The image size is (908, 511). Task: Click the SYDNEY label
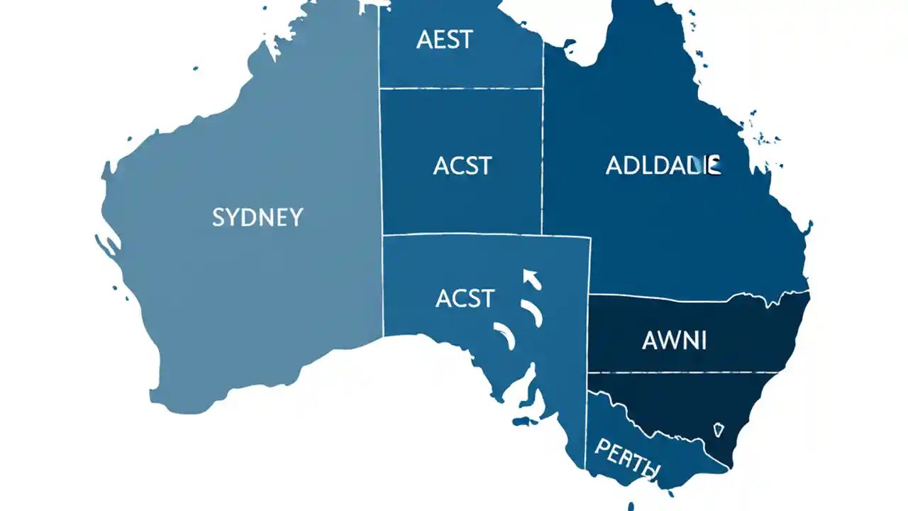[x=258, y=216]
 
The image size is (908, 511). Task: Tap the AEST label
[x=444, y=40]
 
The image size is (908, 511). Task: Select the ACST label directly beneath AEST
[x=462, y=165]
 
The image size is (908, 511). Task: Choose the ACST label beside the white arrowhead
[x=465, y=298]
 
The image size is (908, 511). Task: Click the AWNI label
[x=674, y=341]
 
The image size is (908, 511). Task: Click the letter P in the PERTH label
[x=602, y=446]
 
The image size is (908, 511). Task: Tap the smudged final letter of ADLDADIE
[x=714, y=165]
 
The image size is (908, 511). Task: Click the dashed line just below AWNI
[x=685, y=373]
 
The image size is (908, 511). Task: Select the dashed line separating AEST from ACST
[x=461, y=89]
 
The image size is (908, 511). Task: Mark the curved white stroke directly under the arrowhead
[x=532, y=312]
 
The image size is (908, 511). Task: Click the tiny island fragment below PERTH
[x=631, y=505]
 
